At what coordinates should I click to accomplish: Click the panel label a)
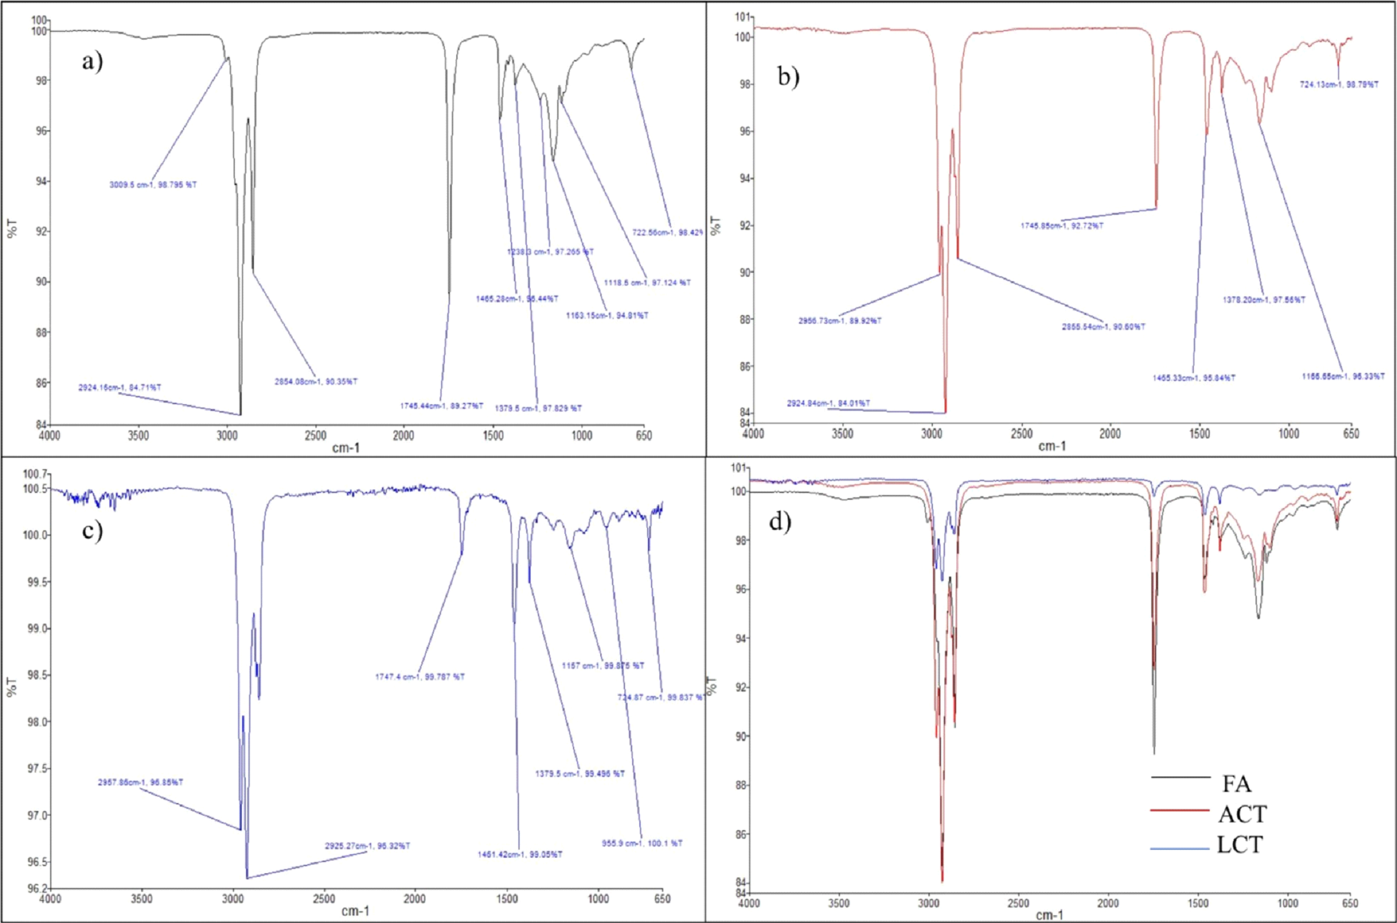[x=93, y=61]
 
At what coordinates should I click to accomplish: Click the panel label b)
[x=788, y=77]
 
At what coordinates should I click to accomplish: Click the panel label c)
[x=93, y=530]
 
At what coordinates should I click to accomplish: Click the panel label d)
[x=780, y=522]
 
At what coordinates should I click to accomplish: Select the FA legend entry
[x=1236, y=783]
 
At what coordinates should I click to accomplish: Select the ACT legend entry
[x=1242, y=814]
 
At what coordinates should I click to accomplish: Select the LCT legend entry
[x=1240, y=844]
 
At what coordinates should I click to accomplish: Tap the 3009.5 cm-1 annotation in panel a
[x=153, y=185]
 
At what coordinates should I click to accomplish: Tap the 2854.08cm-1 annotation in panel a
[x=316, y=381]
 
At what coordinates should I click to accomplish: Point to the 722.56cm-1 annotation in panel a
[x=667, y=232]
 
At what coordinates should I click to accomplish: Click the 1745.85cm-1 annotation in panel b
[x=1062, y=226]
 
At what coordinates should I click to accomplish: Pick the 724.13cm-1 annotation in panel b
[x=1339, y=85]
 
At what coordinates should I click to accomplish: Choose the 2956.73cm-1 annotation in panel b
[x=839, y=321]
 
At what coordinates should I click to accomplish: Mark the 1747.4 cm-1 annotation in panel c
[x=420, y=677]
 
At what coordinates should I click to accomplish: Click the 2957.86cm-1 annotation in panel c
[x=140, y=782]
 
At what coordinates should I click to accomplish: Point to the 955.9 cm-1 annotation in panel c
[x=642, y=843]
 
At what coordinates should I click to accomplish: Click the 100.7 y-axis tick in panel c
[x=35, y=474]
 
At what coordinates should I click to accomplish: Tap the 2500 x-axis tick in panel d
[x=1018, y=903]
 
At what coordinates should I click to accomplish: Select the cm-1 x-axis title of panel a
[x=346, y=447]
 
